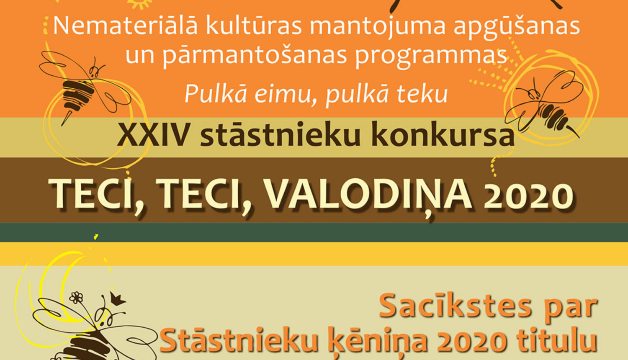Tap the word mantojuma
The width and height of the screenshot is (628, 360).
point(378,26)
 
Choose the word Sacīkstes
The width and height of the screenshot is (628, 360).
point(454,306)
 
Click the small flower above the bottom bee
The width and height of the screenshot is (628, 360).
point(76,298)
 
